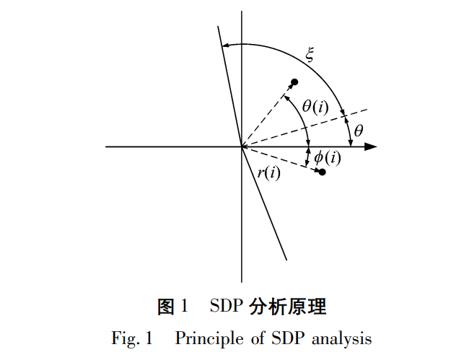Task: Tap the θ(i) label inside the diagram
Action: point(315,107)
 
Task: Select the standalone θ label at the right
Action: point(359,131)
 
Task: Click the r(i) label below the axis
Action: point(268,172)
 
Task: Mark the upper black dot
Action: point(294,82)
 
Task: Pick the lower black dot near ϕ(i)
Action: point(322,172)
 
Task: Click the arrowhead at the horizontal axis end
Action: point(372,146)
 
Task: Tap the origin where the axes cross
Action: point(241,146)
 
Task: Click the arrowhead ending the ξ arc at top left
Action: point(225,45)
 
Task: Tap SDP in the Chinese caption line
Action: point(226,307)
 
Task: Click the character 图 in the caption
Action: point(167,307)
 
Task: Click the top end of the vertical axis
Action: point(242,12)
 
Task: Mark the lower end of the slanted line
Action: point(286,259)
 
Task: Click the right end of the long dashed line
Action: point(367,110)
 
